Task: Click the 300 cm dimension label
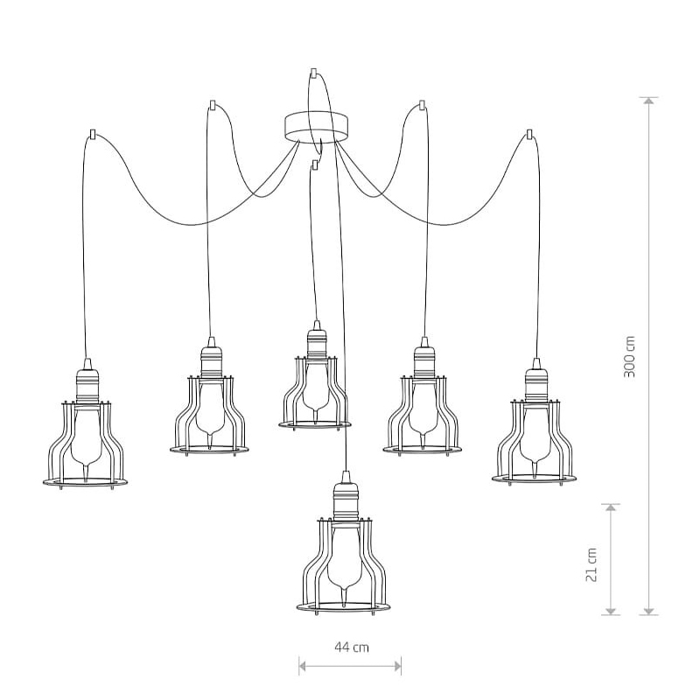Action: [x=629, y=356]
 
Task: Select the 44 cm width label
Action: [x=352, y=647]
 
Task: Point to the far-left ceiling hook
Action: [x=93, y=135]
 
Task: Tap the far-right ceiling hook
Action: [x=529, y=134]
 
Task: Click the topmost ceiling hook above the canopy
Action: [x=313, y=73]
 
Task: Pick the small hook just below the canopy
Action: [x=316, y=165]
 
